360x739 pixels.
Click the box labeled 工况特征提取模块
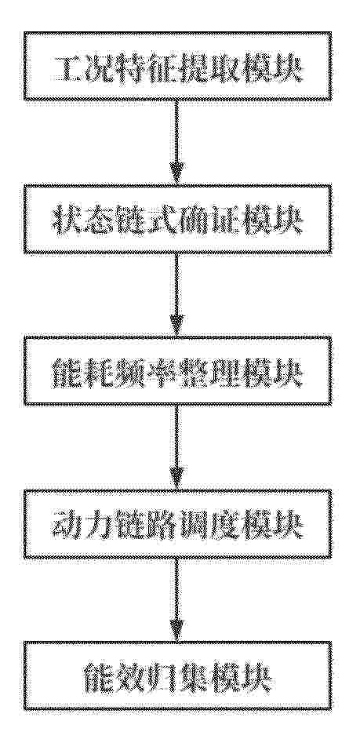pos(177,67)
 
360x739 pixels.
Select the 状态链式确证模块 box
pos(177,220)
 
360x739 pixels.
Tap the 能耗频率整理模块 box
pos(177,371)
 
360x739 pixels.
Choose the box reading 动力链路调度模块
pos(177,524)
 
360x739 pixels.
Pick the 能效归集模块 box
pos(177,675)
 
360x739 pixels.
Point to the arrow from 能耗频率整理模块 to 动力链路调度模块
pos(176,448)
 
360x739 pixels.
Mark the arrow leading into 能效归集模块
pos(176,600)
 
